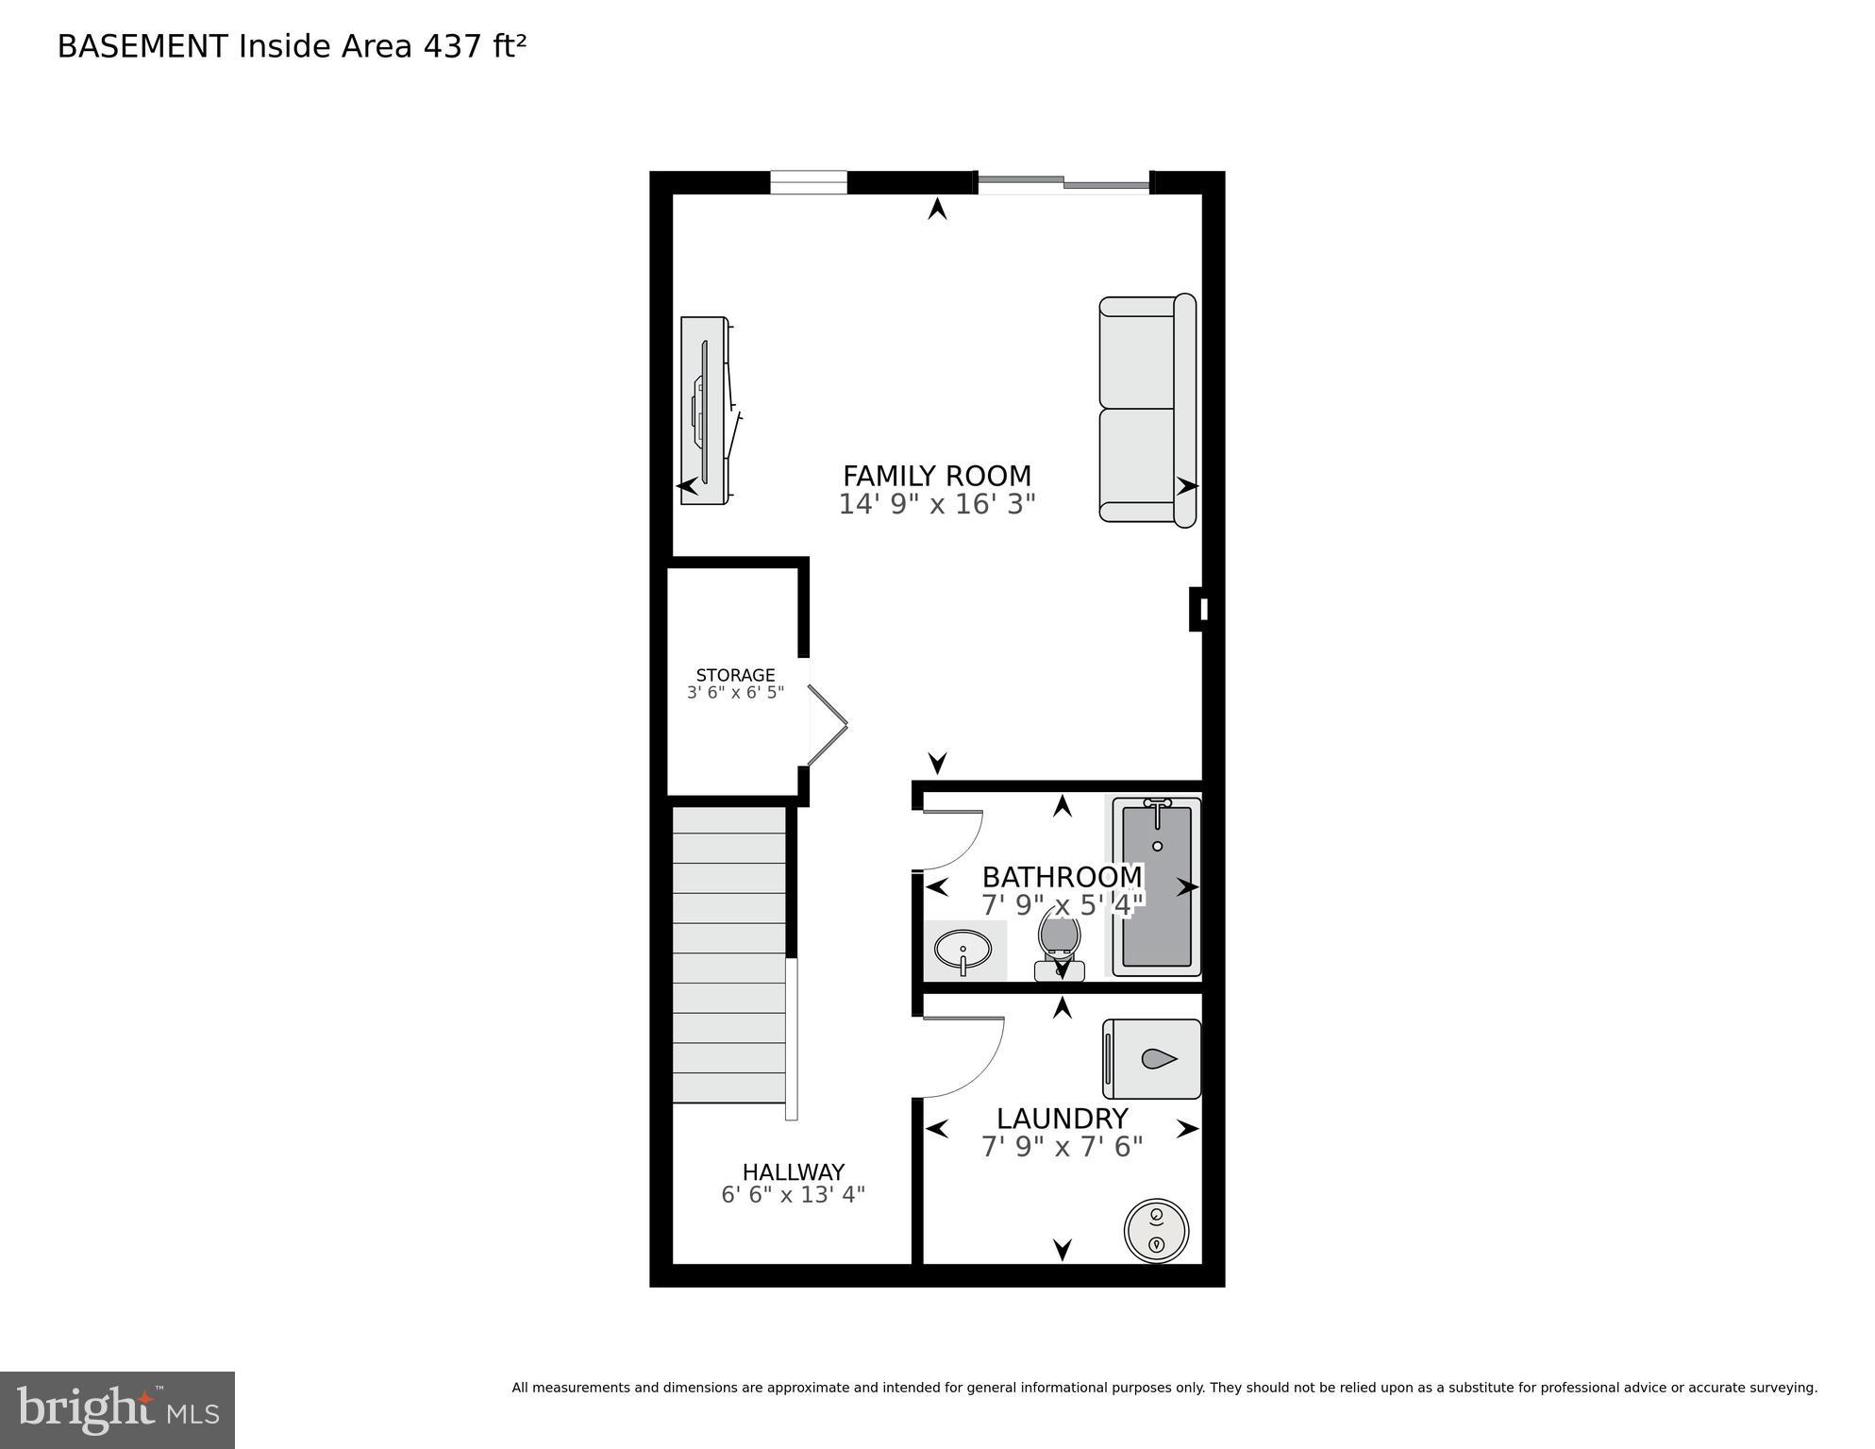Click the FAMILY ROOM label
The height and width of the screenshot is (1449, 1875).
936,475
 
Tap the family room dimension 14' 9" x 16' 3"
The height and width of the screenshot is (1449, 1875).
936,504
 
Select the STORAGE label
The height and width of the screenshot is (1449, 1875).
735,675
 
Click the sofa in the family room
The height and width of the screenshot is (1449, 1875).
1147,409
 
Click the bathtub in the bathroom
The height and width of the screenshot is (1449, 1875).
1156,886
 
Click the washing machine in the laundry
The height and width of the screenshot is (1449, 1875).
1151,1059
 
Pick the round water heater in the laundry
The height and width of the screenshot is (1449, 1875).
1156,1230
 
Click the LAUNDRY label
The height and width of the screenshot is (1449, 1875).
1062,1119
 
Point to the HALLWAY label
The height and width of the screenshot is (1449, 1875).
793,1172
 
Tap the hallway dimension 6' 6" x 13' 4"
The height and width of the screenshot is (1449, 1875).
793,1195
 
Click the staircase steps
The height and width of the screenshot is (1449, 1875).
728,953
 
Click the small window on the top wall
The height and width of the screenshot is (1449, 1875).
808,182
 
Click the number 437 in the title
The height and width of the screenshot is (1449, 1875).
453,46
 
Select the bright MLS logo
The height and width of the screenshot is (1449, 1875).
117,1409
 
